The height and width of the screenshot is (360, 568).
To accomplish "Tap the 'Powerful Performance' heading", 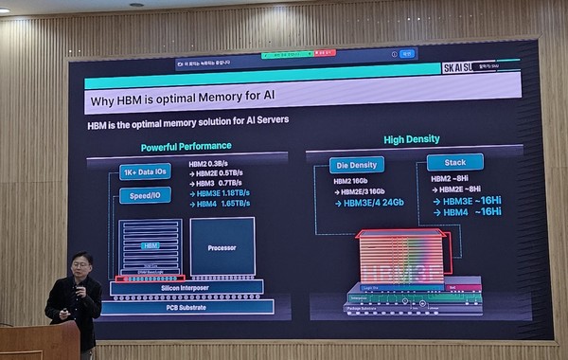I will coord(186,147).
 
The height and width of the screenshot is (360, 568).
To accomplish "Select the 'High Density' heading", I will coord(411,140).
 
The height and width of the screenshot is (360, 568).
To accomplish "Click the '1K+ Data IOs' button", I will coord(145,171).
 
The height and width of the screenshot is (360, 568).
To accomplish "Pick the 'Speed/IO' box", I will coord(145,196).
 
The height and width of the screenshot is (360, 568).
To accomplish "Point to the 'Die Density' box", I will coord(357,165).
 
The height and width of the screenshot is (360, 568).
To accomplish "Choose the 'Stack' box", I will coord(454,162).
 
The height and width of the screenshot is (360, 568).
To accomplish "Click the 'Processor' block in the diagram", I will coord(222,246).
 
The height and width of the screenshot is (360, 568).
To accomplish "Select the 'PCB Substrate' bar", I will coord(186,307).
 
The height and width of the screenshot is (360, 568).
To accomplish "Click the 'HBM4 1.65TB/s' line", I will coord(223,204).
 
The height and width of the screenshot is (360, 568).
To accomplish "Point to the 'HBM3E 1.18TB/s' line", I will coord(223,193).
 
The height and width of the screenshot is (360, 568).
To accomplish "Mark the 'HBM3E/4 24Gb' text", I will coord(374,202).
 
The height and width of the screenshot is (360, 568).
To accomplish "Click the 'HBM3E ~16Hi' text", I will coord(470,201).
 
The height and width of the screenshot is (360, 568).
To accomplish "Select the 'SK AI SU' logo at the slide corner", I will coord(461,68).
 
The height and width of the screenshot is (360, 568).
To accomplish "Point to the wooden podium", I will coord(38,341).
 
